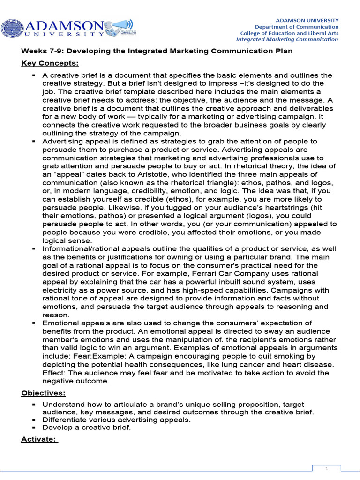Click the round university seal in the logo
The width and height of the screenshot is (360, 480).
click(x=10, y=28)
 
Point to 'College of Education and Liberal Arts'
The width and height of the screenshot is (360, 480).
click(x=289, y=33)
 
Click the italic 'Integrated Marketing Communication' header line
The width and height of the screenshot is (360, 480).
click(x=287, y=39)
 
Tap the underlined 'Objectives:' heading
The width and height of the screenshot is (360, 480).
click(x=44, y=393)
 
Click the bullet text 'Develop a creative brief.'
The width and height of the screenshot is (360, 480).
click(x=87, y=427)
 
